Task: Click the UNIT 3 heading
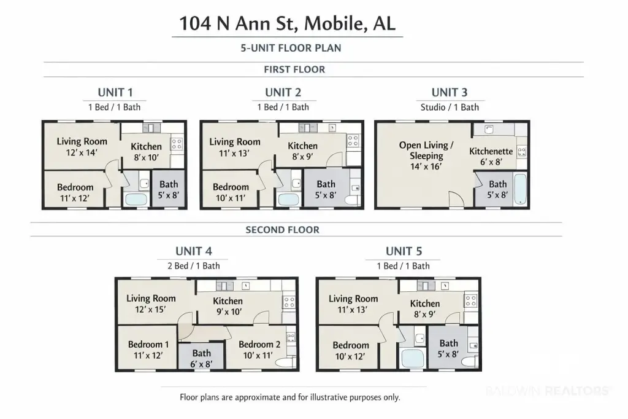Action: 450,92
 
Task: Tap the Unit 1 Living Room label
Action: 82,141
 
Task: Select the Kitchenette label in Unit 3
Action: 491,151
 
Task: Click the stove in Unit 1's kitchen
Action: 177,144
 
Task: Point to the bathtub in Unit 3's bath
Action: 520,189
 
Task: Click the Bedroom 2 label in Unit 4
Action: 259,344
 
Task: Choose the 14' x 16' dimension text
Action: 426,166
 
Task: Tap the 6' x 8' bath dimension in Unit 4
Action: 201,364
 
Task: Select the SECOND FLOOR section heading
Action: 282,230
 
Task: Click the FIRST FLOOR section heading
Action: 294,69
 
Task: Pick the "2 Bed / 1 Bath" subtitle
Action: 194,265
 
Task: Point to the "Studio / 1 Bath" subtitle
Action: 450,107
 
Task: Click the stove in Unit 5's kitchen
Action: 471,300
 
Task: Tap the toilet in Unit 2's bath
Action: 353,200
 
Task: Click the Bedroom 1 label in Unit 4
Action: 148,344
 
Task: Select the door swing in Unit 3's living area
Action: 456,199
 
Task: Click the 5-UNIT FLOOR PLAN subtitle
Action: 291,48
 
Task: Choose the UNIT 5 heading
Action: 404,251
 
